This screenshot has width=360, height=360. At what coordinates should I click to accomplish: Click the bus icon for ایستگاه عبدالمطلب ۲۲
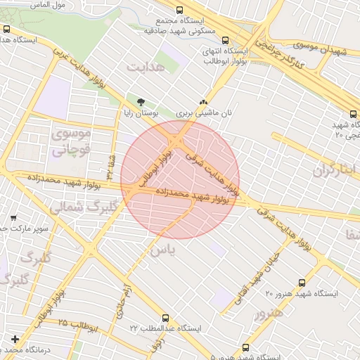(165, 318)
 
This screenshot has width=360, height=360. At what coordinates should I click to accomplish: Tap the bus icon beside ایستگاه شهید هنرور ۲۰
(302, 283)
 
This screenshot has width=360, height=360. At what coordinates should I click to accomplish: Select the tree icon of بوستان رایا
(142, 101)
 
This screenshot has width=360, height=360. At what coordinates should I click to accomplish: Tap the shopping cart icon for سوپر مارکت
(15, 218)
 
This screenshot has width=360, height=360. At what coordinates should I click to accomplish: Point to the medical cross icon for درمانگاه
(15, 340)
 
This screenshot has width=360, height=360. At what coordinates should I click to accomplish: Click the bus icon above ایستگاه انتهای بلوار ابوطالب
(226, 41)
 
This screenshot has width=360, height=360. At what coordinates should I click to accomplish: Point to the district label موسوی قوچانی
(71, 141)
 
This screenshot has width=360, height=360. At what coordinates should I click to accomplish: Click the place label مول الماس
(49, 4)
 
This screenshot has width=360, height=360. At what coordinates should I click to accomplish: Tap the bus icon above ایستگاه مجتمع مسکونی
(180, 11)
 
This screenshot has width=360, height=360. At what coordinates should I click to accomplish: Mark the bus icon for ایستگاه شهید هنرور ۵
(245, 347)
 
